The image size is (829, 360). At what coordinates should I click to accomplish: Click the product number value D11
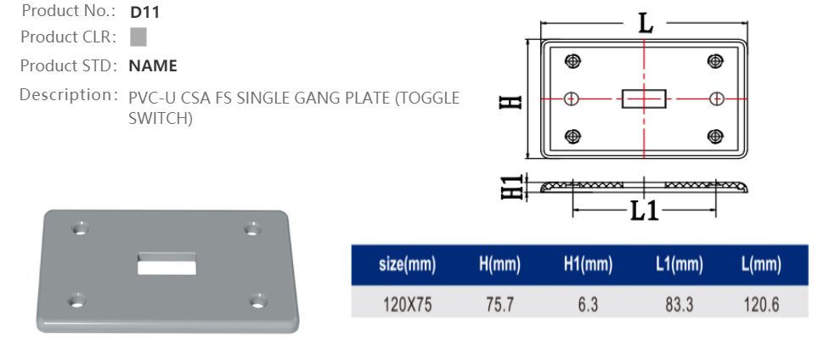[144, 13]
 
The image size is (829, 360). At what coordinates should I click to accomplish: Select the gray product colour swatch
[138, 37]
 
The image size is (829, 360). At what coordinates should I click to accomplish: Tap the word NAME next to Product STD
[153, 65]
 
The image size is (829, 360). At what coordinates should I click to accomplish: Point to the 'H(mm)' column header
[499, 265]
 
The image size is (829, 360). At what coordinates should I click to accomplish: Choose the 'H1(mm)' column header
[588, 265]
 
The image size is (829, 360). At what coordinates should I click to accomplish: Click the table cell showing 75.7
[499, 304]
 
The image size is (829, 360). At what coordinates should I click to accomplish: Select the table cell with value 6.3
[588, 304]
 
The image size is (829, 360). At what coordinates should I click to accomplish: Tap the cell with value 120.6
[761, 304]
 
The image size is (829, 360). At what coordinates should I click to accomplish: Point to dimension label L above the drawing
[646, 24]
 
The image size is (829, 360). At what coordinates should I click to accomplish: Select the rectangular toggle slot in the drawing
[643, 98]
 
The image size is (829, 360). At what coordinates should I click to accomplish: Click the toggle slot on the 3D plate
[166, 262]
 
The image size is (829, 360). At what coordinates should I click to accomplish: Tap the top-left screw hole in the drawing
[573, 61]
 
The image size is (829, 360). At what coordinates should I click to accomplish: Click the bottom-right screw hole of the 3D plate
[257, 301]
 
